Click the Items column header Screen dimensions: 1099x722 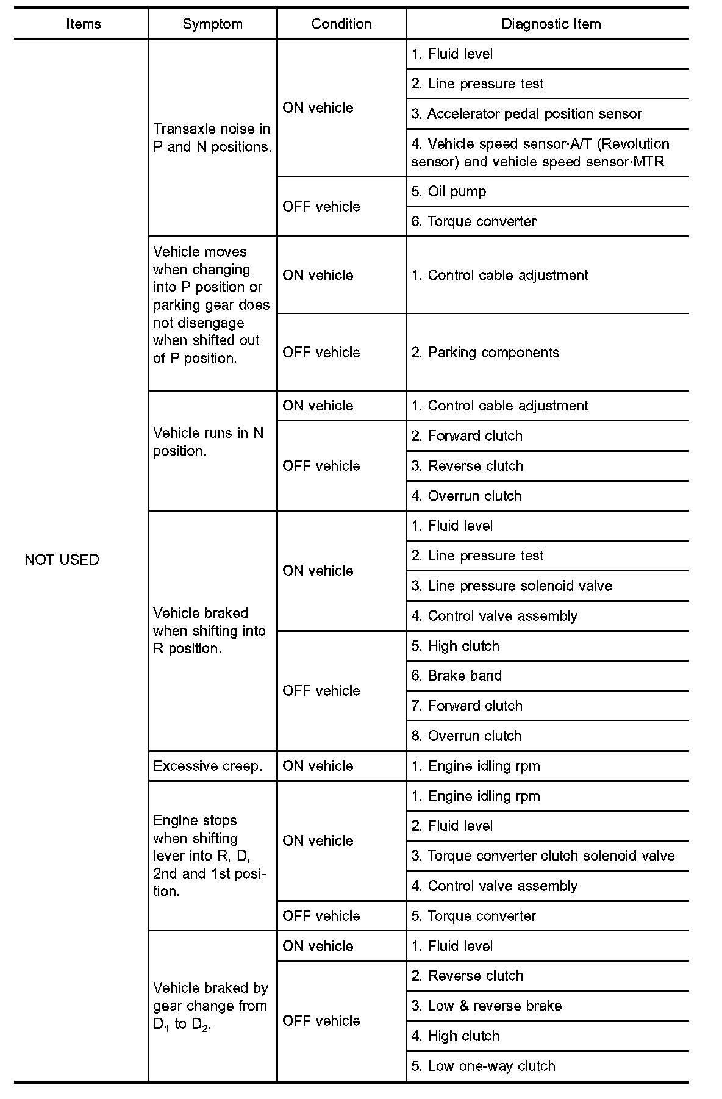pos(84,24)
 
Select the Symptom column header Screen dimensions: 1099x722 pos(212,24)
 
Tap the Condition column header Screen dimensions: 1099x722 pos(341,24)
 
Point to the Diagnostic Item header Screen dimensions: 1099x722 pos(551,24)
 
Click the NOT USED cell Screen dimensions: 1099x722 pos(62,559)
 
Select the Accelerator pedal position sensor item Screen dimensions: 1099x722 pos(527,114)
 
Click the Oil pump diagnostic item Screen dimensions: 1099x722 pos(449,192)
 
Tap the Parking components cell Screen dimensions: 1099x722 pos(485,353)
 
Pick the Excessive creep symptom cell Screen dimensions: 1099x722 pos(208,766)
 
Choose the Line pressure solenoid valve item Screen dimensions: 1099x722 pos(512,586)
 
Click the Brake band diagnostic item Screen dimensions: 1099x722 pos(457,676)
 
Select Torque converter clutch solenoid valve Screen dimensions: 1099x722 pos(543,856)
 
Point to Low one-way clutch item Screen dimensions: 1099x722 pos(484,1066)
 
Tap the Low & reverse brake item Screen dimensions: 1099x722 pos(487,1006)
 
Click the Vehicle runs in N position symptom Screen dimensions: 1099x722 pos(209,442)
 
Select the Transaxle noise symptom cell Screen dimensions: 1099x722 pos(212,138)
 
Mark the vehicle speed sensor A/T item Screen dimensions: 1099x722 pos(540,152)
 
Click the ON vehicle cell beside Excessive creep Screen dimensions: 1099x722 pos(318,766)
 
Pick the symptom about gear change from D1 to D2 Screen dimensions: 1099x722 pos(210,1006)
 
